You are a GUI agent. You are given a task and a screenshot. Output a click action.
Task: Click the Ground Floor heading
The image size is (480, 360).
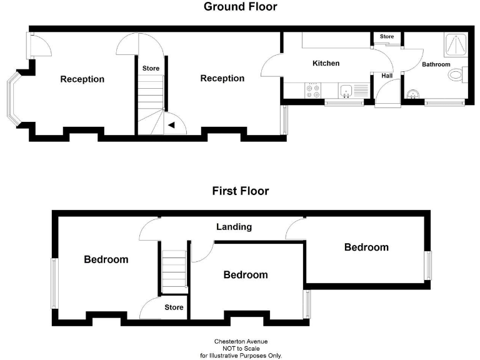coord(240,7)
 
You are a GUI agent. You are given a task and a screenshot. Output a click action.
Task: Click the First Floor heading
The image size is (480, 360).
coord(240,191)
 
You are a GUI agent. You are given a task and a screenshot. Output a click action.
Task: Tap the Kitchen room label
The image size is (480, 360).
coord(326,63)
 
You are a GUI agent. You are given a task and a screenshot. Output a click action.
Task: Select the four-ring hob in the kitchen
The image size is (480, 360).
coord(312,91)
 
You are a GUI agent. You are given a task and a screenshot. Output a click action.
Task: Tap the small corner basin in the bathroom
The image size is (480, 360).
coord(411,95)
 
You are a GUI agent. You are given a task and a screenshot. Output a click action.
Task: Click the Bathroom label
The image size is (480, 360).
coord(436,64)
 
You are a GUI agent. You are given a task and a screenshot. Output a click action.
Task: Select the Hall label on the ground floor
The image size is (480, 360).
coord(387,76)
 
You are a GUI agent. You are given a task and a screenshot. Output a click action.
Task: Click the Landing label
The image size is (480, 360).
coord(234,227)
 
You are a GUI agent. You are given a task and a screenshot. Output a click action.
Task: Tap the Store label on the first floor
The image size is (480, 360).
coord(174,307)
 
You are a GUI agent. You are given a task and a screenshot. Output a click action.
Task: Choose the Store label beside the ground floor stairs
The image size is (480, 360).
coord(151,68)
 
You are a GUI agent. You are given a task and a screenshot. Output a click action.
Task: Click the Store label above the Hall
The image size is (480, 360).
coord(387,37)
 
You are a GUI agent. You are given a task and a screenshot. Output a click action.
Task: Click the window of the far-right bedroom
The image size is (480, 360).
coord(429,266)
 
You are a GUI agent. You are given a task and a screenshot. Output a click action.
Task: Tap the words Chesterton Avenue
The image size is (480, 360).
coord(241,342)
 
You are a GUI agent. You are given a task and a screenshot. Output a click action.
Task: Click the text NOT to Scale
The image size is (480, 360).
coord(241,349)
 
